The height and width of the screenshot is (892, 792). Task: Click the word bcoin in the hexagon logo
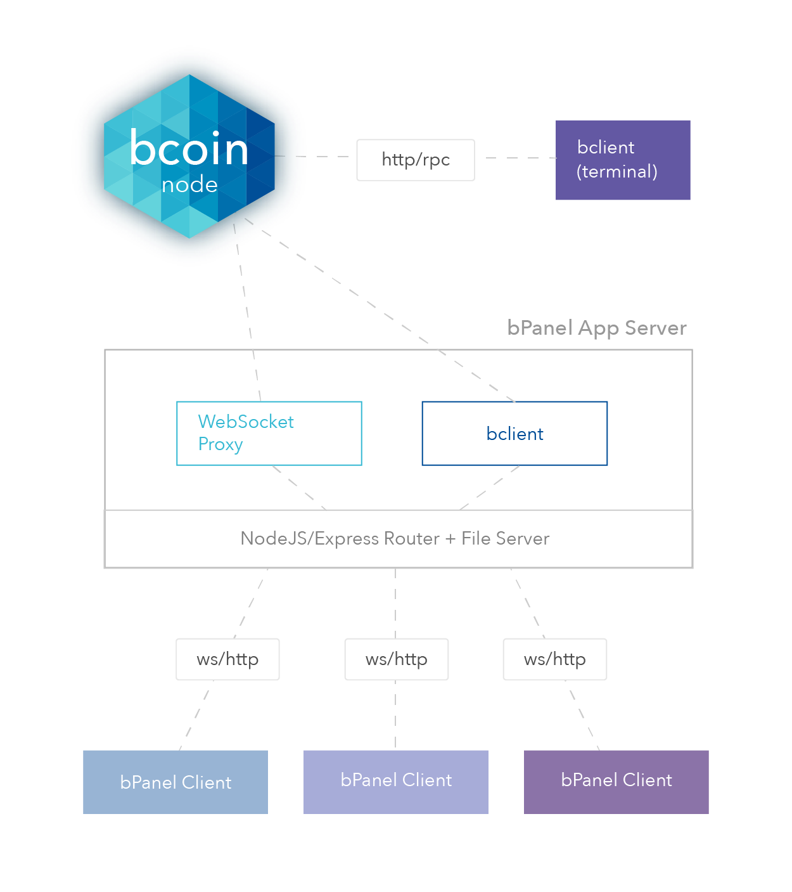tap(189, 149)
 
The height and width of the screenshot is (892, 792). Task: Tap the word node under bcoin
tap(189, 185)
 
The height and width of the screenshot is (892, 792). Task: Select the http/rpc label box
tap(416, 160)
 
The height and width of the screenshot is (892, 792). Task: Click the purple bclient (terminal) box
tap(623, 160)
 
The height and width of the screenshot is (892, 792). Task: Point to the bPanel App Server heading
tap(596, 328)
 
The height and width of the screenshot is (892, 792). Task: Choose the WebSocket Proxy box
tap(269, 434)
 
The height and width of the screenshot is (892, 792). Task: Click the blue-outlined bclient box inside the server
tap(514, 434)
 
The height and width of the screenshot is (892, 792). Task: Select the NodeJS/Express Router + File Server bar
tap(398, 539)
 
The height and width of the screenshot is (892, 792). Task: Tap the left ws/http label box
tap(227, 659)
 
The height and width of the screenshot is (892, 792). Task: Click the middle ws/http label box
tap(397, 659)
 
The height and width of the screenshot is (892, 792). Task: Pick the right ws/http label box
tap(554, 659)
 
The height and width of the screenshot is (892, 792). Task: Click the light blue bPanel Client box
tap(176, 782)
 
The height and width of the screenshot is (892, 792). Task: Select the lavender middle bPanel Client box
tap(396, 782)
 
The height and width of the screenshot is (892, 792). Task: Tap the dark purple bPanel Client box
tap(616, 782)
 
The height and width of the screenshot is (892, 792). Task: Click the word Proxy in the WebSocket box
tap(220, 444)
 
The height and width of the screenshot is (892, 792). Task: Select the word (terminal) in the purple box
tap(616, 172)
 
